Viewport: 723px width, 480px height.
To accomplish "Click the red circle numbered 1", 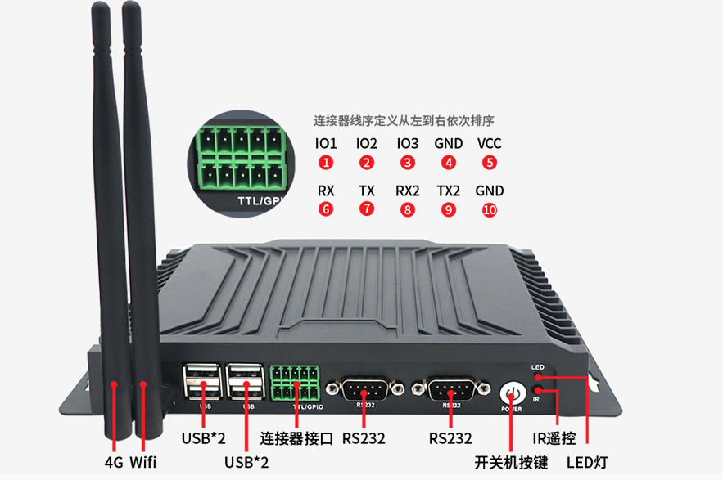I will point(326,162).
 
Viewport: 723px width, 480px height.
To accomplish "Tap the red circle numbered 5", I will point(490,162).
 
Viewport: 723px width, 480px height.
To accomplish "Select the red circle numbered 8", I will point(408,209).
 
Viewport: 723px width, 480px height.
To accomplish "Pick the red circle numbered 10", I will point(490,209).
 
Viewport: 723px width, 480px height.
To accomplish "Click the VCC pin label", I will point(490,143).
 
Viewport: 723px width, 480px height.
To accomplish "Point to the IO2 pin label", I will point(367,143).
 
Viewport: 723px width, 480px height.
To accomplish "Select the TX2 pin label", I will point(448,191).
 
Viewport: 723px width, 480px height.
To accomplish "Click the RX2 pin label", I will point(408,191).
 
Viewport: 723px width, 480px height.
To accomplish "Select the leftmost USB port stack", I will point(202,382).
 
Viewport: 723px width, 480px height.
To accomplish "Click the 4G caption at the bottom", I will point(114,462).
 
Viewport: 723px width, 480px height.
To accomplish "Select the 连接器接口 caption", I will point(296,438).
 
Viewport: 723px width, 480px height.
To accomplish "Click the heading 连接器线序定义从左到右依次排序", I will point(404,121).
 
